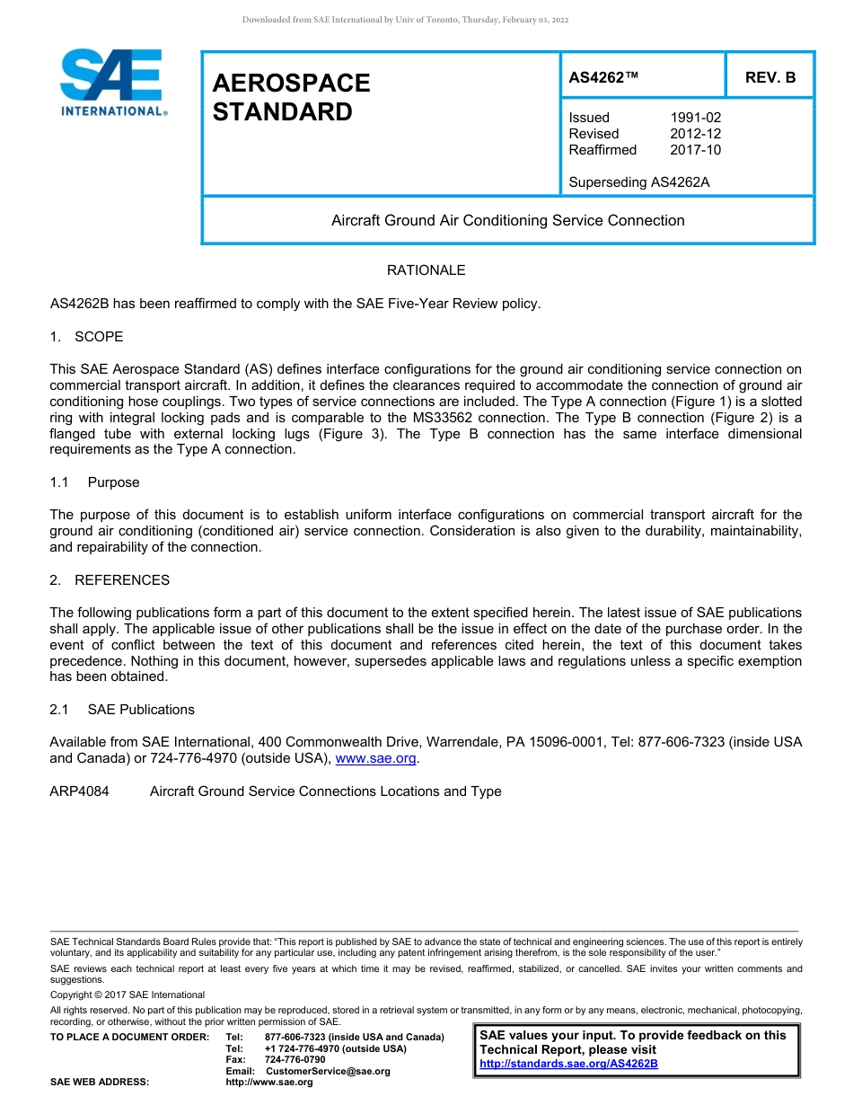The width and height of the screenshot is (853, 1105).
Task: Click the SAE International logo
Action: tap(111, 83)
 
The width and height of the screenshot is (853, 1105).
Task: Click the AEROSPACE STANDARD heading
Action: tap(291, 97)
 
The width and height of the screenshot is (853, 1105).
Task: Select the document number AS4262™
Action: tap(603, 78)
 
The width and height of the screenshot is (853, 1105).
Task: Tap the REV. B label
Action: tap(769, 78)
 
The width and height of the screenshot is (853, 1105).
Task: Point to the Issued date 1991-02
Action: tap(695, 118)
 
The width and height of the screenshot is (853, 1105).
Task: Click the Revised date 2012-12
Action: tap(695, 134)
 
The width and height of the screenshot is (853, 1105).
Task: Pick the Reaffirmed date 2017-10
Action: tap(695, 150)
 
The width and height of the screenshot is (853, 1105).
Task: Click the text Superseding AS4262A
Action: tap(638, 182)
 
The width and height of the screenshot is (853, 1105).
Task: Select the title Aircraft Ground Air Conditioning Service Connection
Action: tap(507, 221)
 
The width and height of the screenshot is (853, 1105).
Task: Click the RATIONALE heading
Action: tap(426, 270)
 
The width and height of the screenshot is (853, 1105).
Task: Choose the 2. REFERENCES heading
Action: tap(110, 580)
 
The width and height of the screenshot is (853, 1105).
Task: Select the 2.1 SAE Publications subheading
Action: tap(122, 710)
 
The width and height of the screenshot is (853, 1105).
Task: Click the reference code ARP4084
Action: tap(79, 791)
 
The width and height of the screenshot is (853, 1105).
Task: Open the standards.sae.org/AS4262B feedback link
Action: tap(568, 1064)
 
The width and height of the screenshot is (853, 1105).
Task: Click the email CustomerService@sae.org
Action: tap(328, 1071)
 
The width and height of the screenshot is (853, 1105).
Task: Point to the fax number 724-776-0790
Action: tap(295, 1060)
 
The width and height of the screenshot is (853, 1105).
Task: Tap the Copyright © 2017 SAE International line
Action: tap(128, 994)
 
